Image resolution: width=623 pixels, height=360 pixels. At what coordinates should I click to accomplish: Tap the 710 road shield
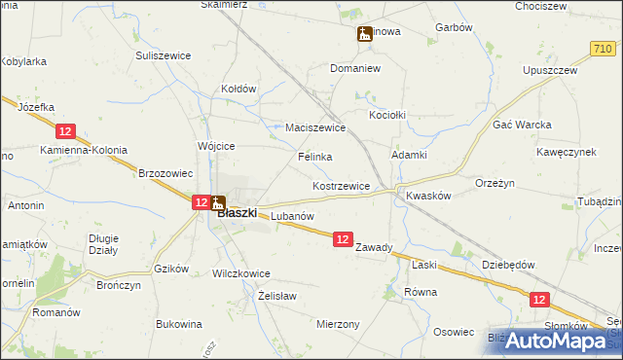tap(602, 48)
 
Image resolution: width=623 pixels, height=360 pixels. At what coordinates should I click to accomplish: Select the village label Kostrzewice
tap(341, 185)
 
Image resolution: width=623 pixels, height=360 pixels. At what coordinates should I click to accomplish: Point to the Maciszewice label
tap(316, 127)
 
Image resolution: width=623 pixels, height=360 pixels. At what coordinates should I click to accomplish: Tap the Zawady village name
tap(374, 247)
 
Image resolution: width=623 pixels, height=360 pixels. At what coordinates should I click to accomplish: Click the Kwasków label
tap(428, 195)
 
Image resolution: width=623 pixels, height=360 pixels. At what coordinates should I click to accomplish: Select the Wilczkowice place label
tap(240, 273)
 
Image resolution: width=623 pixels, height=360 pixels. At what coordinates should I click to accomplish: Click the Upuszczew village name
tap(550, 71)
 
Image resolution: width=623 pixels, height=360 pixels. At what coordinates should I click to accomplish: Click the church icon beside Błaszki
tap(218, 203)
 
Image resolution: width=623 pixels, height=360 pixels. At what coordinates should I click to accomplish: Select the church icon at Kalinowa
tap(364, 35)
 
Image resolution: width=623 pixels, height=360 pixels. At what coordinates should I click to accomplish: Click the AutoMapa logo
tap(557, 341)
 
